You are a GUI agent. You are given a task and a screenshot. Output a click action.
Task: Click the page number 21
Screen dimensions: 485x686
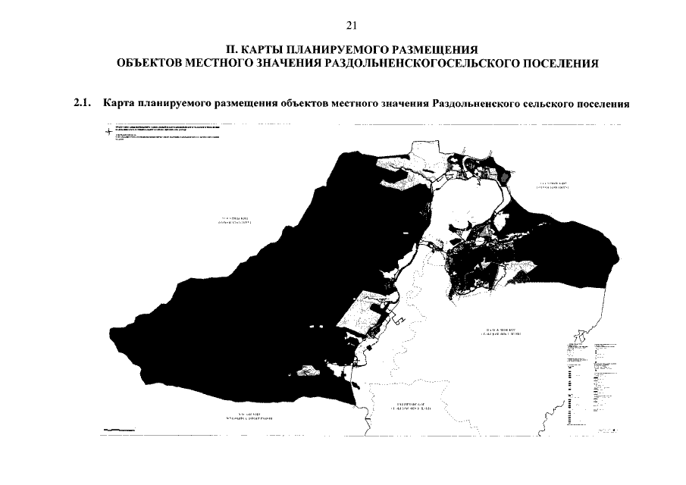point(351,25)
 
